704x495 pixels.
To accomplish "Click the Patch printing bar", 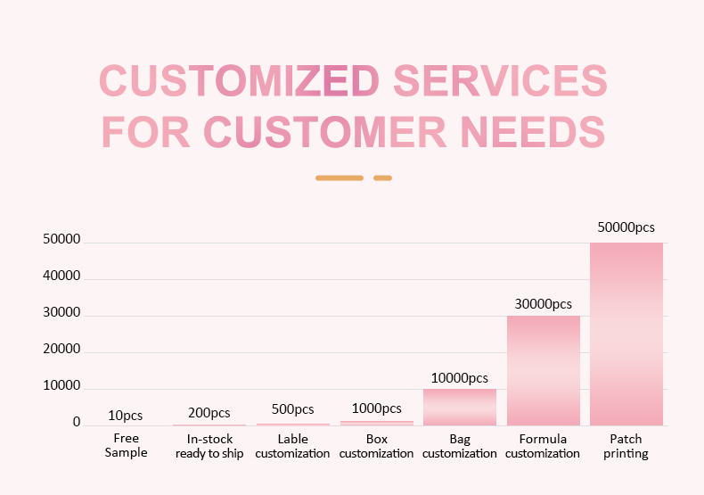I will [626, 334].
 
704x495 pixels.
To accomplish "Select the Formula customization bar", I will [544, 370].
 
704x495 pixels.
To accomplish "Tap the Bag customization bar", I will [460, 407].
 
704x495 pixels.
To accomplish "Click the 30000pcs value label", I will [544, 303].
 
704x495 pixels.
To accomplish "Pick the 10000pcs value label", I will [460, 378].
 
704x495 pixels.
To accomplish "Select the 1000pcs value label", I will [376, 408].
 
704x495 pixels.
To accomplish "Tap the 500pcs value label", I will [292, 409].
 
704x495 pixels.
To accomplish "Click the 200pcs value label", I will [209, 413].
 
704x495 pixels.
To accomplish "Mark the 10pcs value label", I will [126, 416].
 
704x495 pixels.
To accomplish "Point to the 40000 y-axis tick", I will [61, 277].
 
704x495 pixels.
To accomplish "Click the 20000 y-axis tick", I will [61, 351].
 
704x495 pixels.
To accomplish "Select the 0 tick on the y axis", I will [77, 422].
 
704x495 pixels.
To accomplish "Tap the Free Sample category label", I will [127, 445].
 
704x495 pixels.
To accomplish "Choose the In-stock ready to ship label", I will [209, 446].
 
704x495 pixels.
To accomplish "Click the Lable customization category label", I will [292, 446].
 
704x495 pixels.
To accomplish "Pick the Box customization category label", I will [377, 446].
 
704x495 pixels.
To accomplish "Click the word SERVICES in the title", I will [500, 81].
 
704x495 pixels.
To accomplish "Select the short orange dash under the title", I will [382, 177].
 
